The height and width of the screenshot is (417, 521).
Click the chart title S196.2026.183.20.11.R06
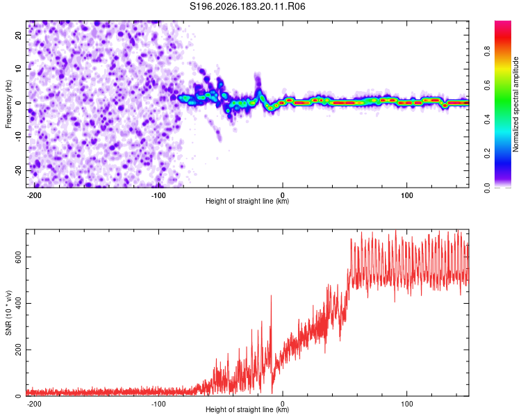pyautogui.click(x=247, y=6)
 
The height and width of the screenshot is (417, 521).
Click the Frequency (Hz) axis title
pyautogui.click(x=8, y=104)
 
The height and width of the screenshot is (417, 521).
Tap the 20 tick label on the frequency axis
pyautogui.click(x=18, y=35)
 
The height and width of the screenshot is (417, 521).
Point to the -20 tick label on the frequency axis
pyautogui.click(x=18, y=170)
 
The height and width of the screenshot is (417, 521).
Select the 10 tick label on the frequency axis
pyautogui.click(x=18, y=69)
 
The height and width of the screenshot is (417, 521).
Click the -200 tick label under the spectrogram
pyautogui.click(x=34, y=195)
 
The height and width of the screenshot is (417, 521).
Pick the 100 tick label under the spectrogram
pyautogui.click(x=406, y=195)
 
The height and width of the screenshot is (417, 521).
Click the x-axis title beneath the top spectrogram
pyautogui.click(x=247, y=201)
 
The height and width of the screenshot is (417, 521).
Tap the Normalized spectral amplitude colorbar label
pyautogui.click(x=515, y=104)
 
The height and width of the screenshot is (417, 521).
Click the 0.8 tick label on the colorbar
pyautogui.click(x=487, y=51)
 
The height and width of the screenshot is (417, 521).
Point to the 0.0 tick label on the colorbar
pyautogui.click(x=487, y=188)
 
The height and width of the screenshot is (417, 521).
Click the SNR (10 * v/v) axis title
pyautogui.click(x=8, y=313)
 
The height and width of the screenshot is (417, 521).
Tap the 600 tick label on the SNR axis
pyautogui.click(x=18, y=256)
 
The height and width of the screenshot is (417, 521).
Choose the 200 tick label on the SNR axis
pyautogui.click(x=18, y=350)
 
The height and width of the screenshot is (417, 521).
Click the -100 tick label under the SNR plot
pyautogui.click(x=158, y=404)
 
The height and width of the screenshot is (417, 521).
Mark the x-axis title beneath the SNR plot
pyautogui.click(x=247, y=409)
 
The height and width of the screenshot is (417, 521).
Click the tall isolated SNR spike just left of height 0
pyautogui.click(x=271, y=295)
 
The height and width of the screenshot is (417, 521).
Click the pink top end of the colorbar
pyautogui.click(x=503, y=23)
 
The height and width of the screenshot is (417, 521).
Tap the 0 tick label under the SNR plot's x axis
pyautogui.click(x=283, y=404)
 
